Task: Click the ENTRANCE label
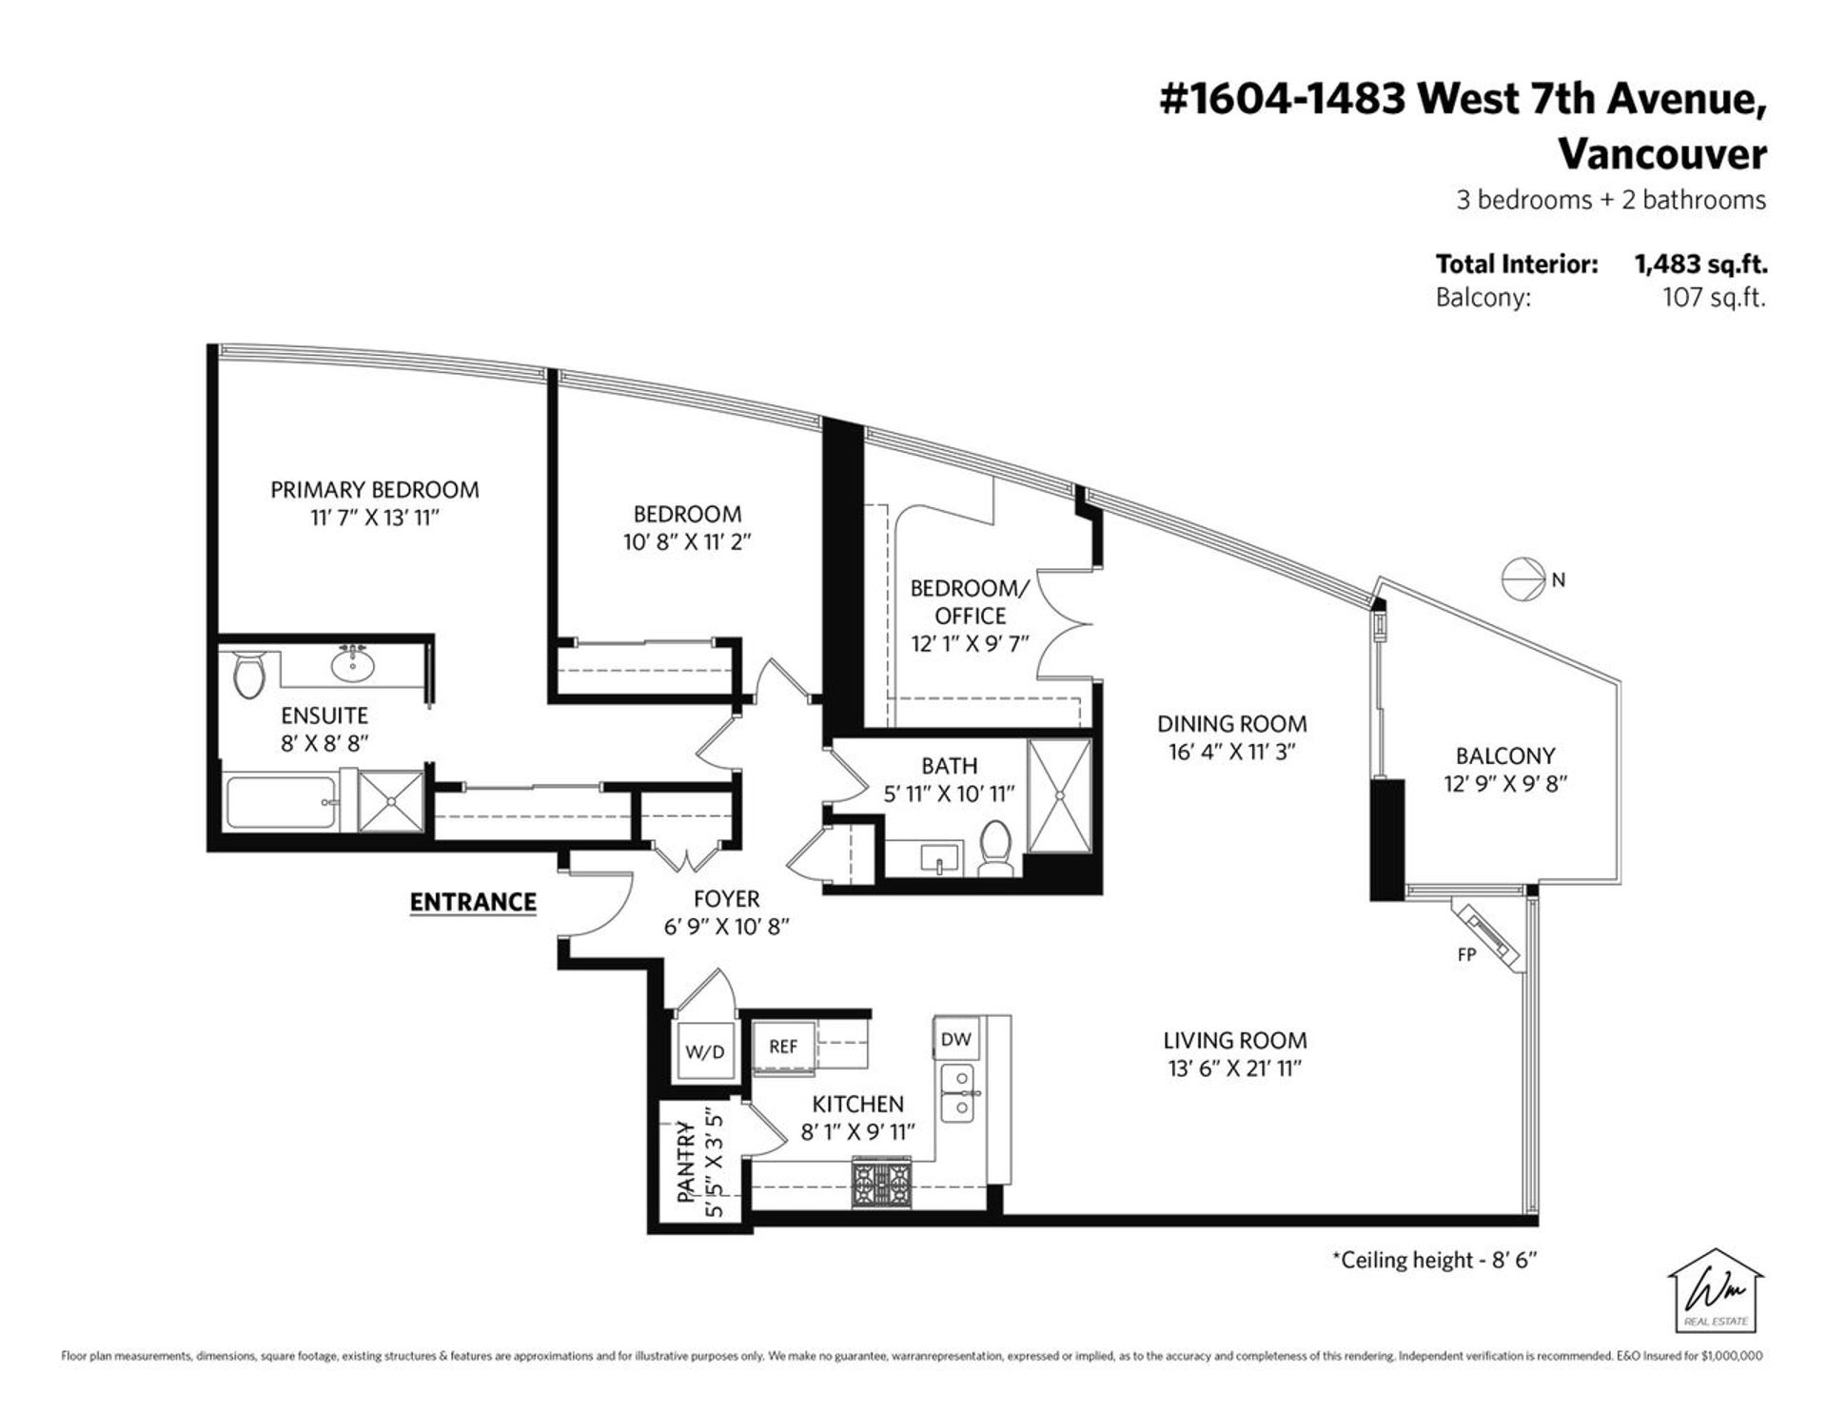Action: tap(473, 902)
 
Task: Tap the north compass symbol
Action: tap(1523, 579)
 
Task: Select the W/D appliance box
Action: tap(704, 1051)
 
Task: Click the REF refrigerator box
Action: tap(783, 1047)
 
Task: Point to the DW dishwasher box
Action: tap(955, 1040)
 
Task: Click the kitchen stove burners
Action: tap(881, 1183)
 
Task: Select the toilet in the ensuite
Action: tap(250, 674)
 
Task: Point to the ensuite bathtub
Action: tap(282, 804)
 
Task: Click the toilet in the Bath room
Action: tap(995, 849)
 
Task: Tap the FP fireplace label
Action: tap(1466, 954)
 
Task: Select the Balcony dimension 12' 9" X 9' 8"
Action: tap(1504, 784)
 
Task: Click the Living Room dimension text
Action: tap(1234, 1069)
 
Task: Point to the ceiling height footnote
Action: tap(1434, 1260)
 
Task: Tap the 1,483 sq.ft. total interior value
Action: tap(1700, 265)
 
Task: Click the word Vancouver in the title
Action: tap(1661, 154)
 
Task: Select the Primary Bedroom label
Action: tap(374, 490)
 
